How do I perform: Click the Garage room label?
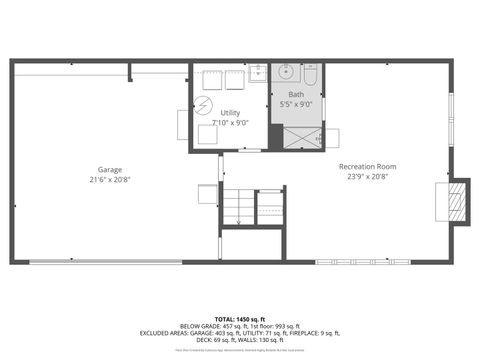tap(109, 169)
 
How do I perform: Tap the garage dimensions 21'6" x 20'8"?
tap(109, 180)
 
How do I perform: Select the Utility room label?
tap(229, 113)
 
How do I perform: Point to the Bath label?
tap(296, 93)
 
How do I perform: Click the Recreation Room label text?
tap(367, 166)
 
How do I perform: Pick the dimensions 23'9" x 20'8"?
tap(367, 177)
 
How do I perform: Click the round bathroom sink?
tap(287, 72)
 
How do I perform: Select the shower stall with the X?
tap(297, 138)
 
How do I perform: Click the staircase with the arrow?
tap(238, 207)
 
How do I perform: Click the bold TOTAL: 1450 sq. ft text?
tap(240, 317)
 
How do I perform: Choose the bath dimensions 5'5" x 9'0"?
tap(296, 103)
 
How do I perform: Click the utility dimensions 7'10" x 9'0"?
tap(230, 123)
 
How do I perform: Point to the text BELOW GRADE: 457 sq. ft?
tap(213, 326)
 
